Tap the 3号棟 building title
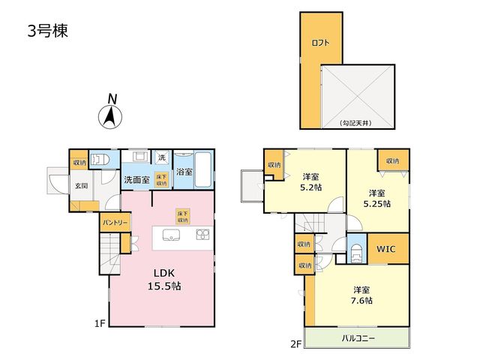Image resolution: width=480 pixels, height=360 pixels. [48, 31]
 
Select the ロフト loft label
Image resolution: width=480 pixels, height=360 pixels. [320, 43]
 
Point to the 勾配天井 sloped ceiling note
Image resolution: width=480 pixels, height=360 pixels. [355, 123]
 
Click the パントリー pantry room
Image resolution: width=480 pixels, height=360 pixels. [115, 223]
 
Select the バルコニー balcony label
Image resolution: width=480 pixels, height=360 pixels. [358, 338]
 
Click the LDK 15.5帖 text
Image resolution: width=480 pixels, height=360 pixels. [165, 279]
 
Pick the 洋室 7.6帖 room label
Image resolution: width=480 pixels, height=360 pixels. [361, 295]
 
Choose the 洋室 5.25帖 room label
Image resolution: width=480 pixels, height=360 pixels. [376, 198]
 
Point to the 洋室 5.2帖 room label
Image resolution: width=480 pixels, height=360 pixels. [310, 181]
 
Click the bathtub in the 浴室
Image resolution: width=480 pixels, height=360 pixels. [203, 169]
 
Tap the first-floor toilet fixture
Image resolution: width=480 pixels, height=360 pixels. [100, 159]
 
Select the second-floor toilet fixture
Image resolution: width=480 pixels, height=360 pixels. [357, 253]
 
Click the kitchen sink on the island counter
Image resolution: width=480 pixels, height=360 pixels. [171, 235]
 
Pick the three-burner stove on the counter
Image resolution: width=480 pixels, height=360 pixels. [202, 235]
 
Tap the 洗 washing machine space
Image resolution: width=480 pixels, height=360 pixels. [162, 157]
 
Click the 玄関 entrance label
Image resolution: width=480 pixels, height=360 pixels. [82, 185]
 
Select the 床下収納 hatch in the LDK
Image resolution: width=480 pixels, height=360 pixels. [183, 216]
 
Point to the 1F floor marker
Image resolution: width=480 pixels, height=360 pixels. [100, 323]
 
